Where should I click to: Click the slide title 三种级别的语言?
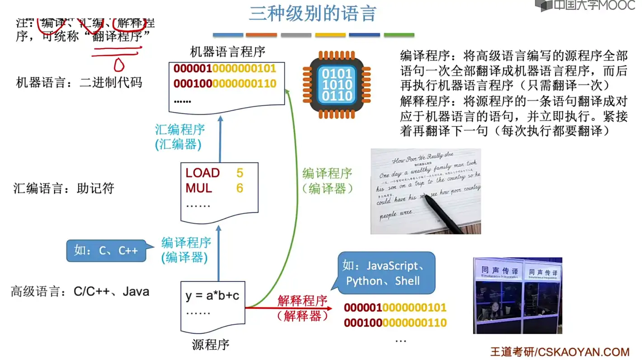312,14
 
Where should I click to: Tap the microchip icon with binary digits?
337,84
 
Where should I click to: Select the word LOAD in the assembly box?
202,173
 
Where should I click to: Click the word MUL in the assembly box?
199,188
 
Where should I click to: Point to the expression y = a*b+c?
212,296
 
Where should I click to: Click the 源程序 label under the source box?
211,345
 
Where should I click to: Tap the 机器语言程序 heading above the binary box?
227,51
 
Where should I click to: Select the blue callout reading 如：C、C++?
106,251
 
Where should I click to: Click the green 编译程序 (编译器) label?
327,181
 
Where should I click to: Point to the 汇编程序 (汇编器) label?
180,137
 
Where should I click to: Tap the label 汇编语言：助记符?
64,188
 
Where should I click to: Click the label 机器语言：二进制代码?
79,82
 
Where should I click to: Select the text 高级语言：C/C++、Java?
80,292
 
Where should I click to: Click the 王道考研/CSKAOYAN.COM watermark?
560,352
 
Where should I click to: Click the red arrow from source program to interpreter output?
289,308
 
